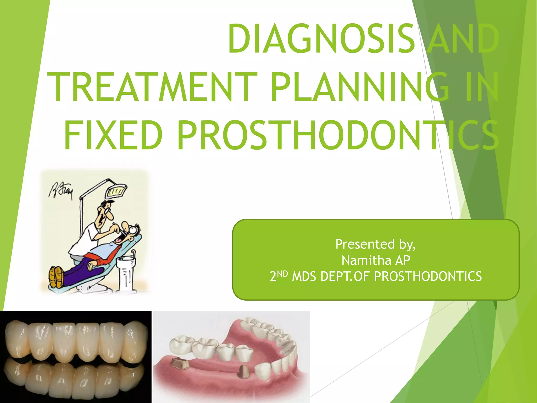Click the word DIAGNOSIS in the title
click(x=321, y=39)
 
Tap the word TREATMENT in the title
click(x=152, y=87)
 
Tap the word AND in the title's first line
click(x=461, y=39)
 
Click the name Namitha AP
click(x=375, y=260)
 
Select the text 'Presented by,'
click(x=375, y=244)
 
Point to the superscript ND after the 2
click(x=282, y=274)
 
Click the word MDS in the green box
click(x=304, y=277)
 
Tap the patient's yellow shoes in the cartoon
click(x=56, y=277)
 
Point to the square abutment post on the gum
click(x=179, y=363)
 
